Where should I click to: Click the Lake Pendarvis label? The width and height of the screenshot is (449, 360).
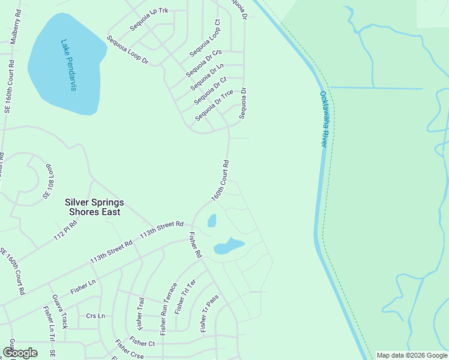tap(68, 65)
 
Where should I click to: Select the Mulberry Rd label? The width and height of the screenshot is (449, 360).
tap(14, 28)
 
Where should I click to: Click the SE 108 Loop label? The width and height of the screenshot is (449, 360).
tap(48, 181)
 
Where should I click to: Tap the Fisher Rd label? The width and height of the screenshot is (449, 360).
tap(194, 245)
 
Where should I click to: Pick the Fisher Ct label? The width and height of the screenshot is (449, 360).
tap(142, 343)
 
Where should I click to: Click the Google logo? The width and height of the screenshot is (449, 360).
tap(20, 353)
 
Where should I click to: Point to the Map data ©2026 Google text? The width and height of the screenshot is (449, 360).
tap(412, 355)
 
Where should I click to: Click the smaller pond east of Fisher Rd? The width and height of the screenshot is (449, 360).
tap(211, 221)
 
